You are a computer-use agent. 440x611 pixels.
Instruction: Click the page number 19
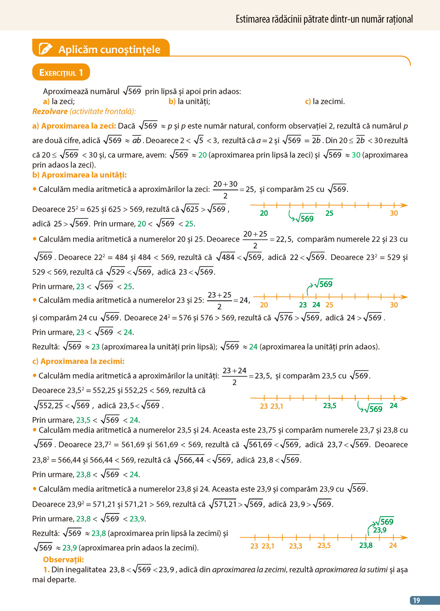pyautogui.click(x=416, y=600)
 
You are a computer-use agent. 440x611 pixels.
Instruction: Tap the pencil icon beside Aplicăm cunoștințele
pyautogui.click(x=46, y=49)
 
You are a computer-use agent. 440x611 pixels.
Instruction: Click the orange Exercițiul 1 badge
pyautogui.click(x=61, y=73)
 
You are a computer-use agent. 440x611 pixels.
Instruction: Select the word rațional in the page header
pyautogui.click(x=399, y=19)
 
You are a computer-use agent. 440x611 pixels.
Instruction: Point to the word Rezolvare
pyautogui.click(x=50, y=112)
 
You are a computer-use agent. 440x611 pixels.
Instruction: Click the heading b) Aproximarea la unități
pyautogui.click(x=79, y=175)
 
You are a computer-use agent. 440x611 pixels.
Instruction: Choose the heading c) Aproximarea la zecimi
pyautogui.click(x=78, y=361)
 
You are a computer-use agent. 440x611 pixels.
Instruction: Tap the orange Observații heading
pyautogui.click(x=63, y=560)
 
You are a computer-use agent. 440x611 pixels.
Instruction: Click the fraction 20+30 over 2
pyautogui.click(x=225, y=189)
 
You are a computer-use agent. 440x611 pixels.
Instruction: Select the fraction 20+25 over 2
pyautogui.click(x=255, y=239)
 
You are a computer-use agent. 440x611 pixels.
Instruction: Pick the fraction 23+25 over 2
pyautogui.click(x=220, y=300)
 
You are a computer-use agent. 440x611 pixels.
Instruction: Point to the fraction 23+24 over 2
pyautogui.click(x=234, y=376)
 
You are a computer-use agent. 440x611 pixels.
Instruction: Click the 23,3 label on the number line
pyautogui.click(x=295, y=546)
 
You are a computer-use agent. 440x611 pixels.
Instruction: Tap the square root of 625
pyautogui.click(x=190, y=209)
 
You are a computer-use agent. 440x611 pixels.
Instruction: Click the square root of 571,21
pyautogui.click(x=223, y=504)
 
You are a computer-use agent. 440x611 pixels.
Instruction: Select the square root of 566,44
pyautogui.click(x=189, y=460)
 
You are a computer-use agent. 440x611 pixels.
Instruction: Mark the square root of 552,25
pyautogui.click(x=49, y=405)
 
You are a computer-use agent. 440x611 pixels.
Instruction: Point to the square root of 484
pyautogui.click(x=226, y=257)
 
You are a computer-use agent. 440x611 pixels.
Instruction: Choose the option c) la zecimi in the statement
pyautogui.click(x=325, y=102)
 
